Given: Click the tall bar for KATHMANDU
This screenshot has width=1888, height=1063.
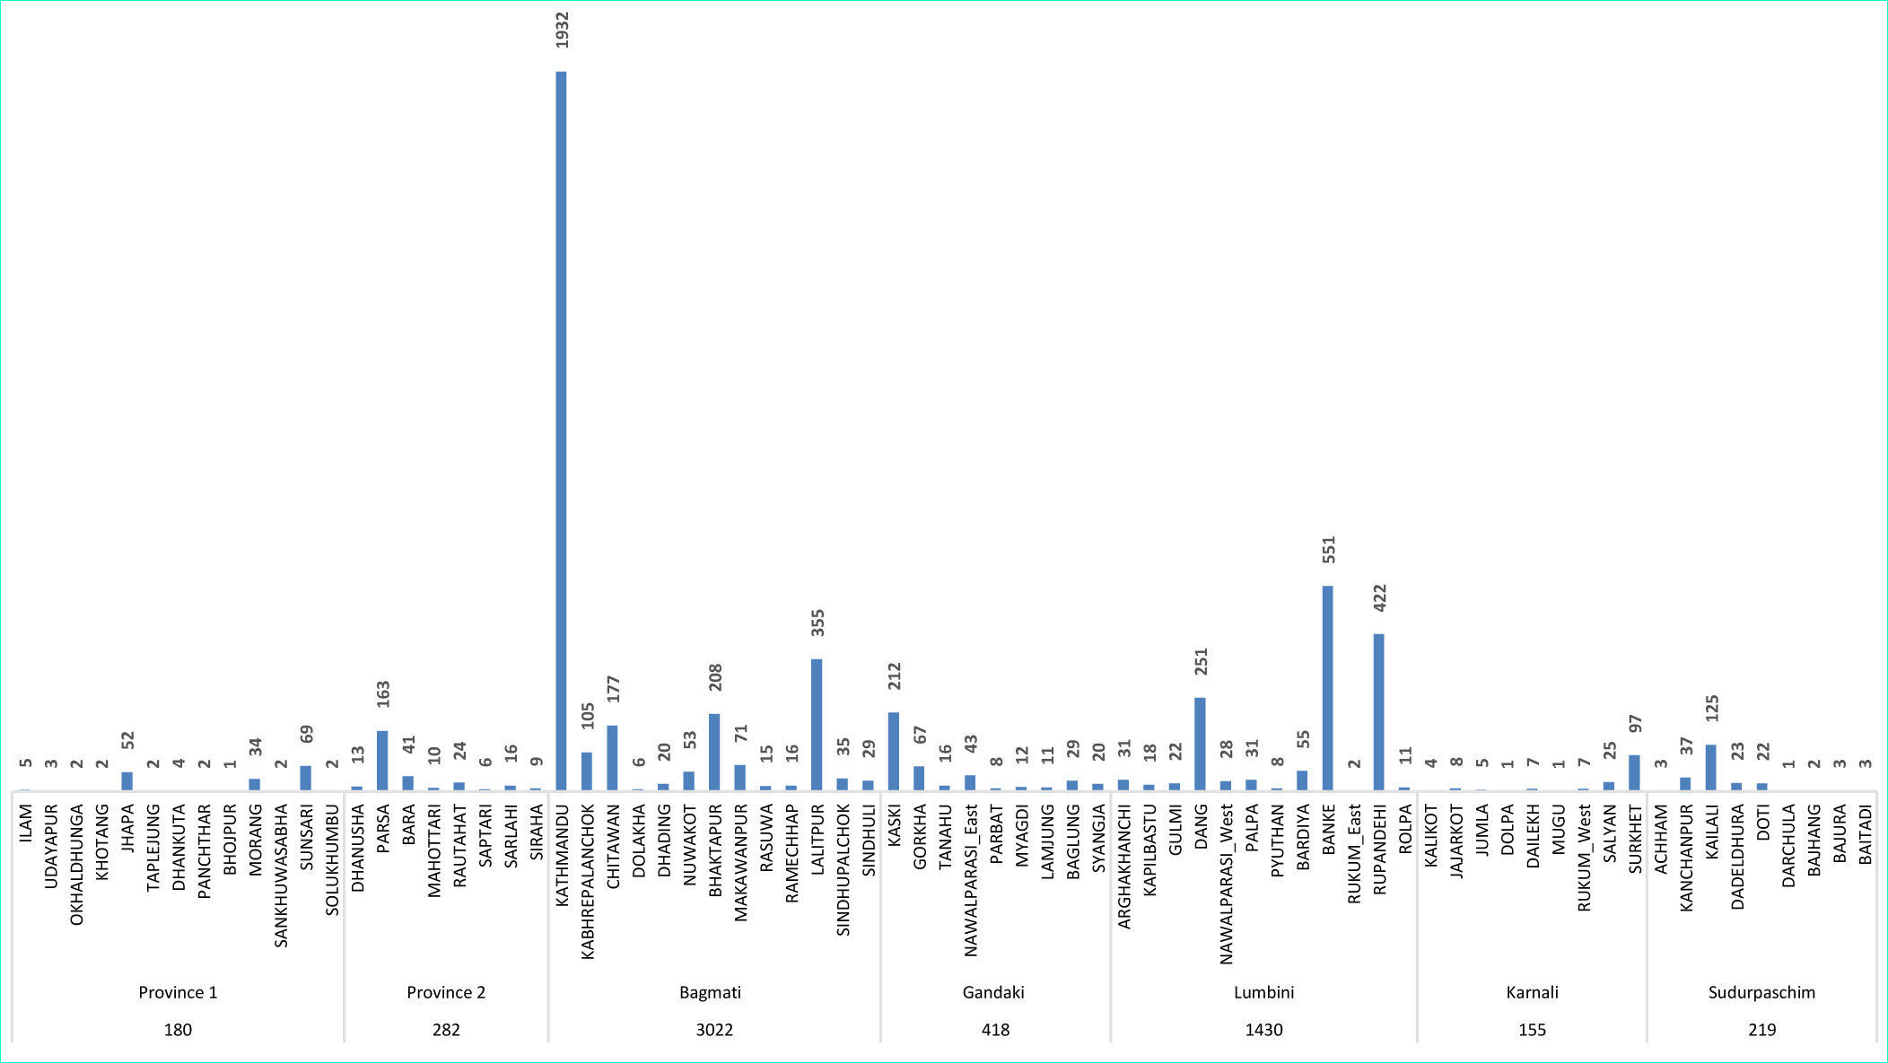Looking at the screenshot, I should (561, 431).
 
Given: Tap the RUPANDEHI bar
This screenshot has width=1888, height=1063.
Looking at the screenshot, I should (1378, 712).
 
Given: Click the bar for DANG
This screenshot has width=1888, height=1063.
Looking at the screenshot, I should (1200, 744).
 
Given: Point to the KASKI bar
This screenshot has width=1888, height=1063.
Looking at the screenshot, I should (894, 751).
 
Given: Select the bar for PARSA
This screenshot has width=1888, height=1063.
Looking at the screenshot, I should (382, 761).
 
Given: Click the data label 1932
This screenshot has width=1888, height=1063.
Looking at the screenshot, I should (562, 30).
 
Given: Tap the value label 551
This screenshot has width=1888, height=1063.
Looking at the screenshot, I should (1329, 549).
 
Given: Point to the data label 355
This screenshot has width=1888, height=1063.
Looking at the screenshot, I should (817, 623).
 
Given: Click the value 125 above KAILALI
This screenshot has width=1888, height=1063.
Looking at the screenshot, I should (1712, 708).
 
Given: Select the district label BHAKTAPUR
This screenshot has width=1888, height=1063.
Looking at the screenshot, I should (715, 850).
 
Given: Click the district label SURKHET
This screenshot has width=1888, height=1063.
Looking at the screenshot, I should (1635, 839).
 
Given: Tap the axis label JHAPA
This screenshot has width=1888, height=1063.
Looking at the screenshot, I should (127, 828).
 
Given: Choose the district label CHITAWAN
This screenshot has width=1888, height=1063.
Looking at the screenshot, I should (614, 846).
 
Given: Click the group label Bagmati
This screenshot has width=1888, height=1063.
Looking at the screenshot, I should (710, 992).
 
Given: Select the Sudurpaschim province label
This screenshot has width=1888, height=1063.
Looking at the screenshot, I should (1761, 992).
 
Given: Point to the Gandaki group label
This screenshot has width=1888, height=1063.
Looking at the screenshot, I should (993, 992).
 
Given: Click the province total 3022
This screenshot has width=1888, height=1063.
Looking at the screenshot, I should (714, 1030).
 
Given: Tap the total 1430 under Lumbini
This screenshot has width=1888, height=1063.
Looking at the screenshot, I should (1263, 1030).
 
